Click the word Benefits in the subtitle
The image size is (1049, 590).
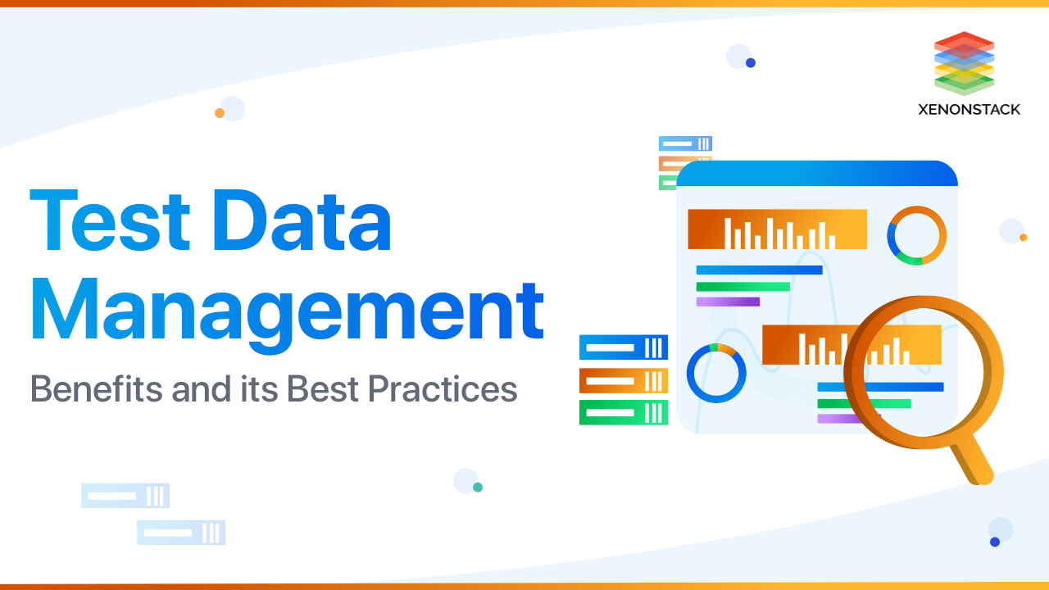(96, 388)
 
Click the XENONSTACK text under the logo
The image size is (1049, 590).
(969, 109)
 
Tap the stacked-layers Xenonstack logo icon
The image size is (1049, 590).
(964, 63)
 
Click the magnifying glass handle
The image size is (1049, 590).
(972, 461)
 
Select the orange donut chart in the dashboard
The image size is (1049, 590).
(916, 235)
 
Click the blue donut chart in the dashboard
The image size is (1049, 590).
(715, 373)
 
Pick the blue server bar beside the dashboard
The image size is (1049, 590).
(623, 347)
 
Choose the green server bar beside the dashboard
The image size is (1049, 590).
(623, 412)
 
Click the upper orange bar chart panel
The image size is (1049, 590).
(777, 229)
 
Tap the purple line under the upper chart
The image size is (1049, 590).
(728, 302)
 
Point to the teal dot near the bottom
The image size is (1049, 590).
(478, 487)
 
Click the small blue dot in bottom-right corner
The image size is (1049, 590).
(995, 542)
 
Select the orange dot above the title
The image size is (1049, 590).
(220, 113)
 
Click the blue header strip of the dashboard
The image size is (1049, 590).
(816, 174)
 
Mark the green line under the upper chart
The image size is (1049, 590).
(742, 287)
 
